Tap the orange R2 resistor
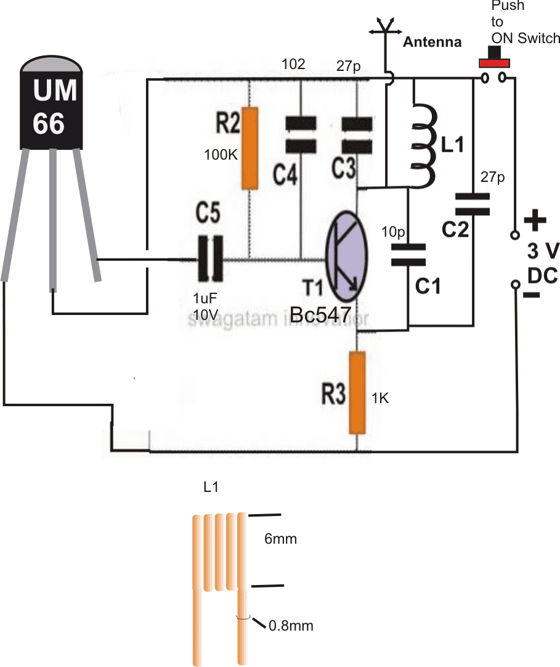pos(250,148)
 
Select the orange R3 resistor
pos(357,392)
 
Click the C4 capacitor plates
pos(300,135)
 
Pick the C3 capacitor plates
pos(357,135)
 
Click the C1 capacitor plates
pos(408,255)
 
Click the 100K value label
pos(221,155)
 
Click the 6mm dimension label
pos(281,539)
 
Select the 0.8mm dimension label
pos(291,626)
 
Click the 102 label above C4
pos(292,65)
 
